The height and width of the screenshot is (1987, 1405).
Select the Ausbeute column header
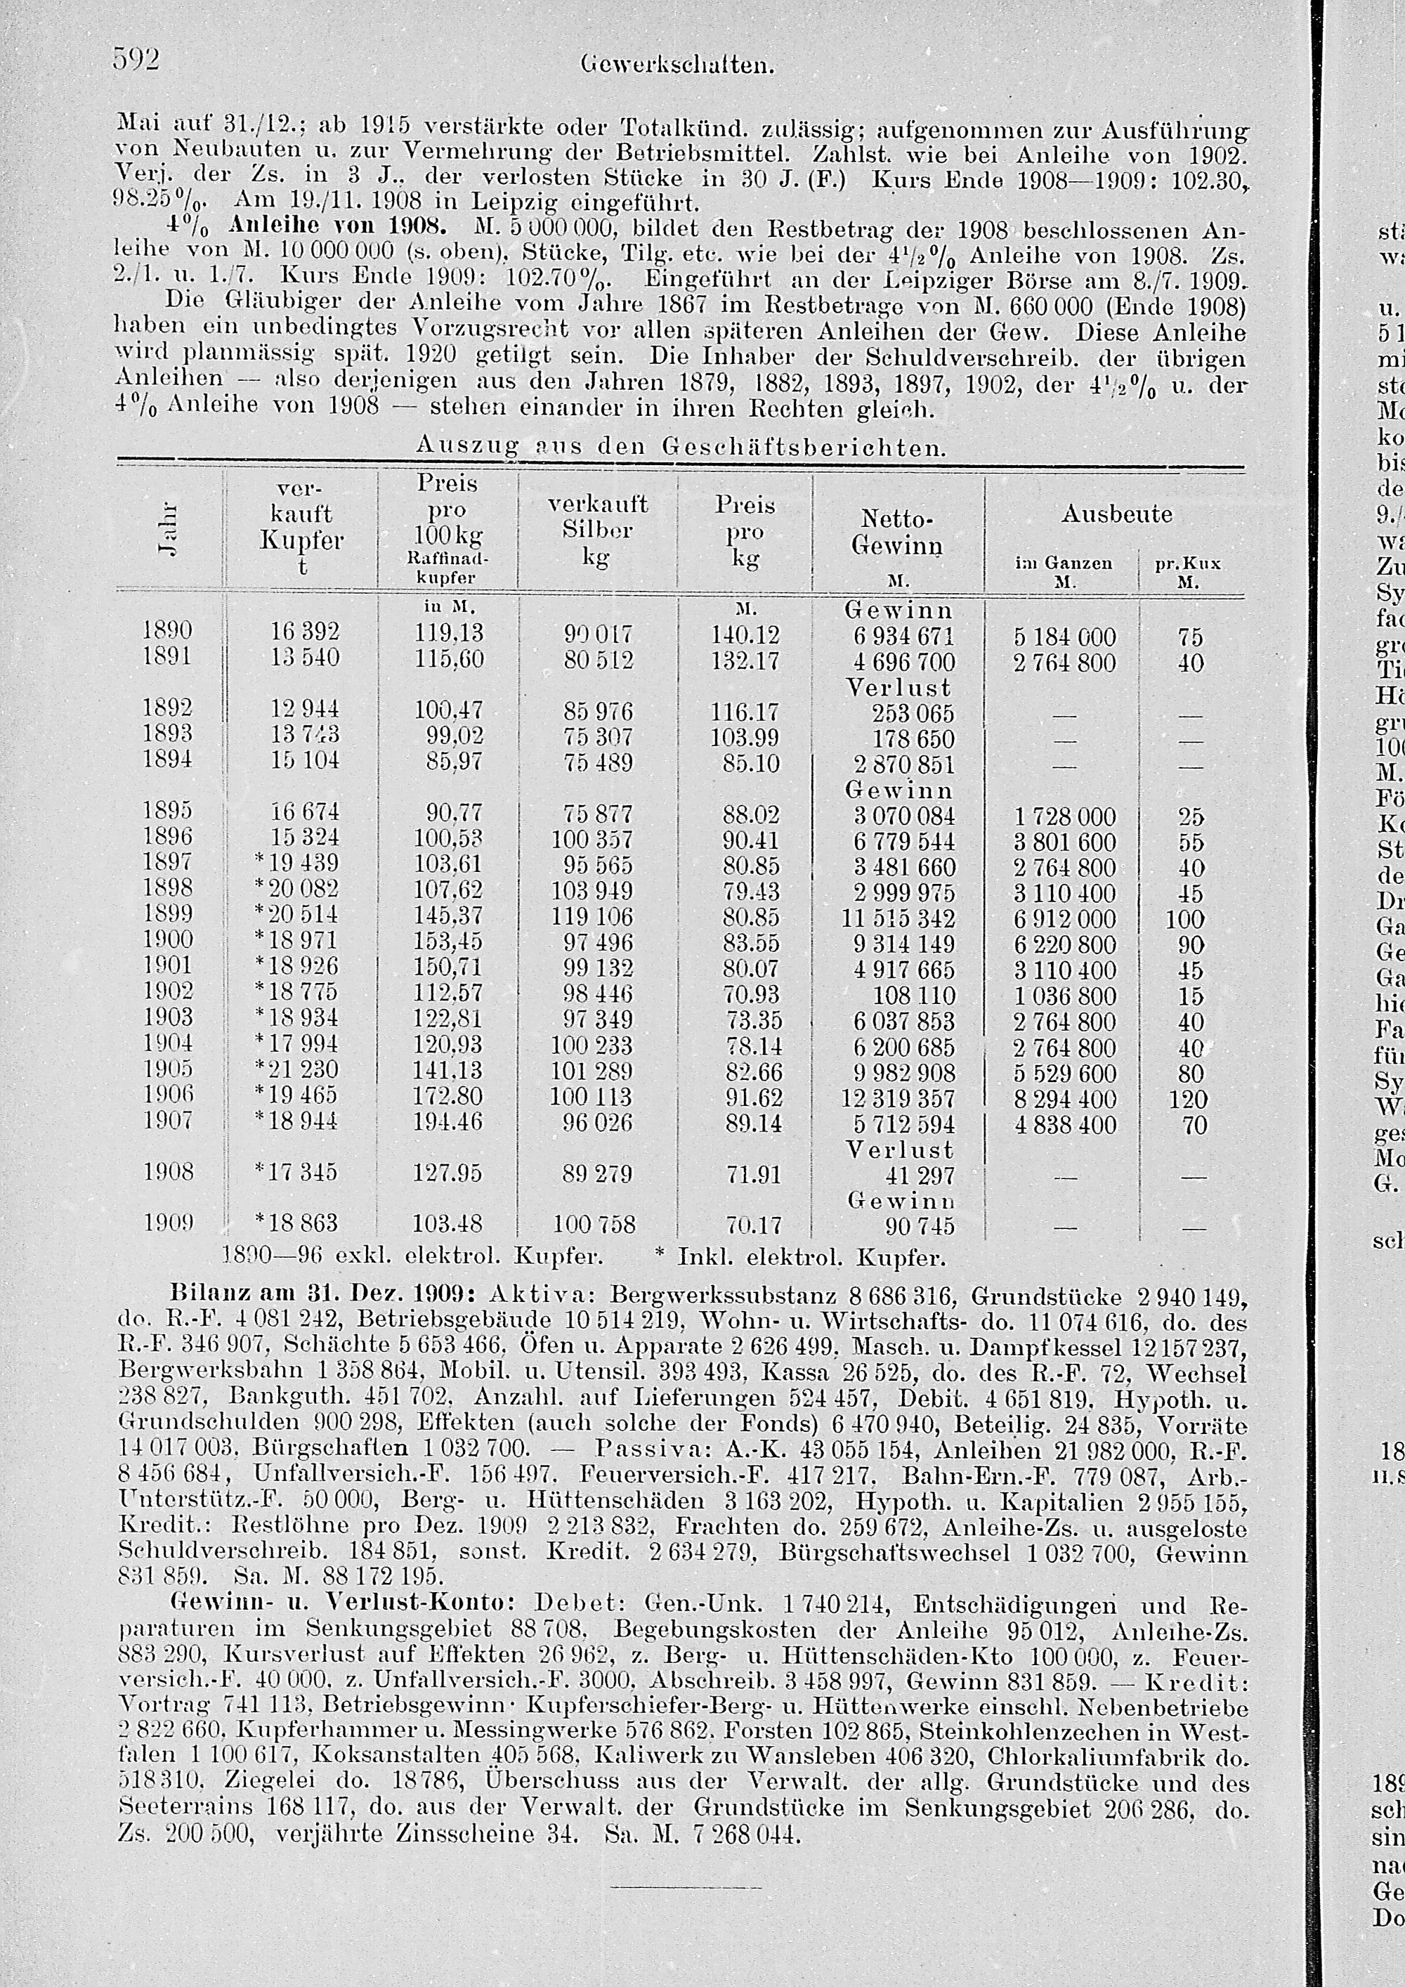tap(1116, 514)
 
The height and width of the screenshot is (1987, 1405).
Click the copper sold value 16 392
tap(303, 632)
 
